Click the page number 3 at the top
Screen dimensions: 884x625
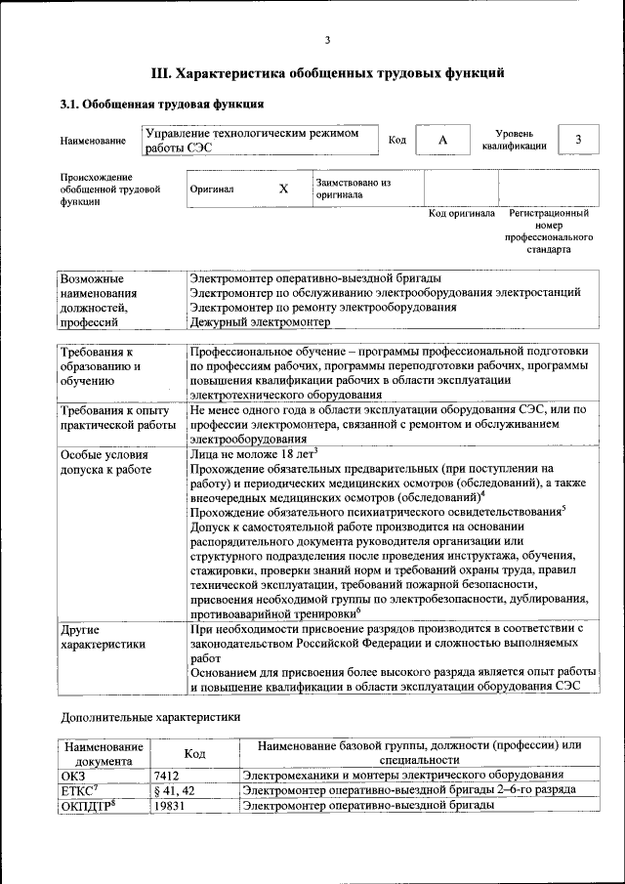[x=327, y=39]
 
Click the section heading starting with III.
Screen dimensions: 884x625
[x=327, y=72]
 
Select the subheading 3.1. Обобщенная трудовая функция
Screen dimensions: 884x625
[x=161, y=104]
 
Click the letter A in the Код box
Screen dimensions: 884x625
[x=442, y=141]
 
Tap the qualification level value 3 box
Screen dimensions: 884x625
[x=578, y=140]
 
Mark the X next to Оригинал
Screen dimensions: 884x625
[x=283, y=189]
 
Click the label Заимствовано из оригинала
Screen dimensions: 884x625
[x=353, y=189]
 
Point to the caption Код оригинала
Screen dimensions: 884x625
[x=462, y=214]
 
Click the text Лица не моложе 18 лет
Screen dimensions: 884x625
[x=253, y=455]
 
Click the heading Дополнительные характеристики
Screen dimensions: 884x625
[x=149, y=716]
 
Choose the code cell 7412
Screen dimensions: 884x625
[x=167, y=775]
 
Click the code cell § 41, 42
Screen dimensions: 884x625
[x=176, y=790]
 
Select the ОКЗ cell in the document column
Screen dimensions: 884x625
[x=74, y=775]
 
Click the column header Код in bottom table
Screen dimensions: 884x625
[x=194, y=753]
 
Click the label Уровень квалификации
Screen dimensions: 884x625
[x=514, y=140]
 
